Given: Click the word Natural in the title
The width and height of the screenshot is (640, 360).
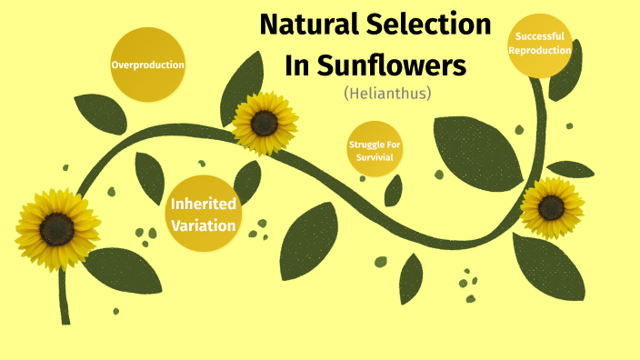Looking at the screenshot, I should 308,25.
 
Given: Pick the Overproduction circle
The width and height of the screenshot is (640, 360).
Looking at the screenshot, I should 147,65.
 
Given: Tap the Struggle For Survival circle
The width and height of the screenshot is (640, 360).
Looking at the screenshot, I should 375,150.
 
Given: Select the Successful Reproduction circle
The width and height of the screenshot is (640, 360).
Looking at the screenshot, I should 540,44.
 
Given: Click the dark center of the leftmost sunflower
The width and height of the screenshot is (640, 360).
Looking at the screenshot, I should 56,229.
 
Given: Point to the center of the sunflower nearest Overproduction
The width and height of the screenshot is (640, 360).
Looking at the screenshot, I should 265,123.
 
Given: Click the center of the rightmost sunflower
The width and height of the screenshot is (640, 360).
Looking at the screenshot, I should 552,207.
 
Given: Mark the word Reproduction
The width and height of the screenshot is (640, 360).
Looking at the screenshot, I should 540,50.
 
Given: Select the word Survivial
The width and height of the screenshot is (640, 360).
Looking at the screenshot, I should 375,156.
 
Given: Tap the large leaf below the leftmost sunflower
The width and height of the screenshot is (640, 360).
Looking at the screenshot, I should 122,270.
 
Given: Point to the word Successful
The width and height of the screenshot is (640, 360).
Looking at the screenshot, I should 540,36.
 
